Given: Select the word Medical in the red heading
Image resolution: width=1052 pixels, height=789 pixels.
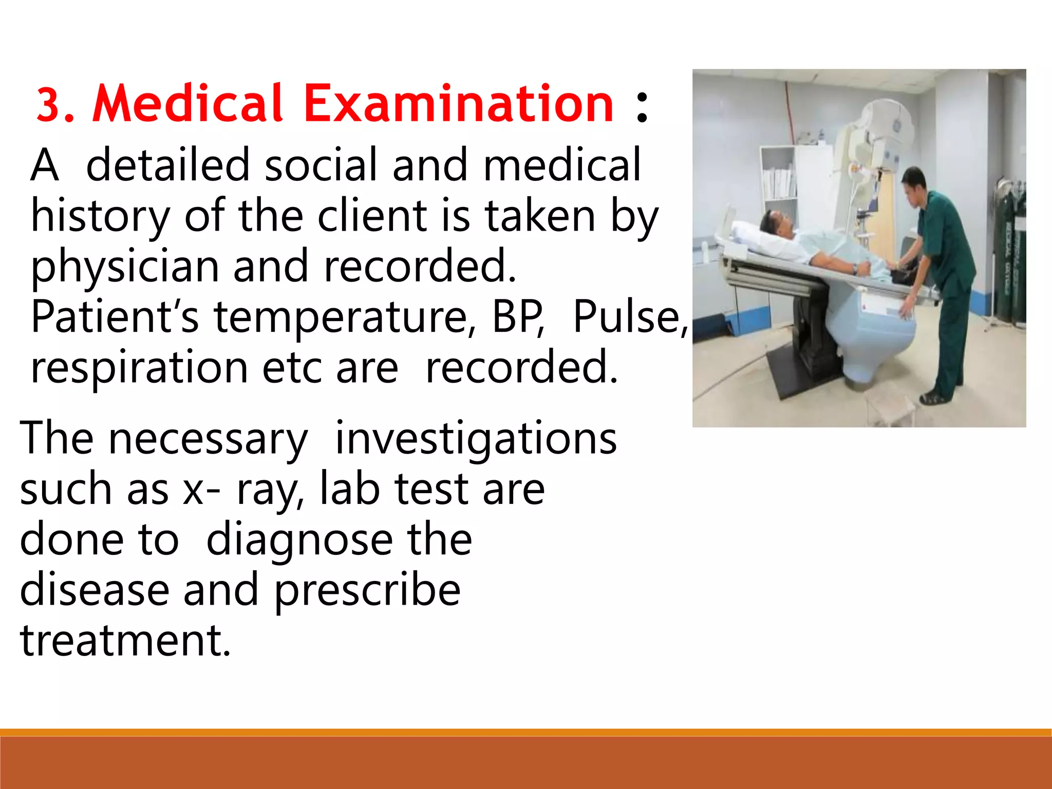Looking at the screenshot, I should point(187,104).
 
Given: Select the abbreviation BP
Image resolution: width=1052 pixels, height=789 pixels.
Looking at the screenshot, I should point(517,317).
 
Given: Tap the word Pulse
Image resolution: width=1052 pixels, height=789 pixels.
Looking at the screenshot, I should point(628,317).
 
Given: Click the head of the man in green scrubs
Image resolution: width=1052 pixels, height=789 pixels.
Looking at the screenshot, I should point(915,182).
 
